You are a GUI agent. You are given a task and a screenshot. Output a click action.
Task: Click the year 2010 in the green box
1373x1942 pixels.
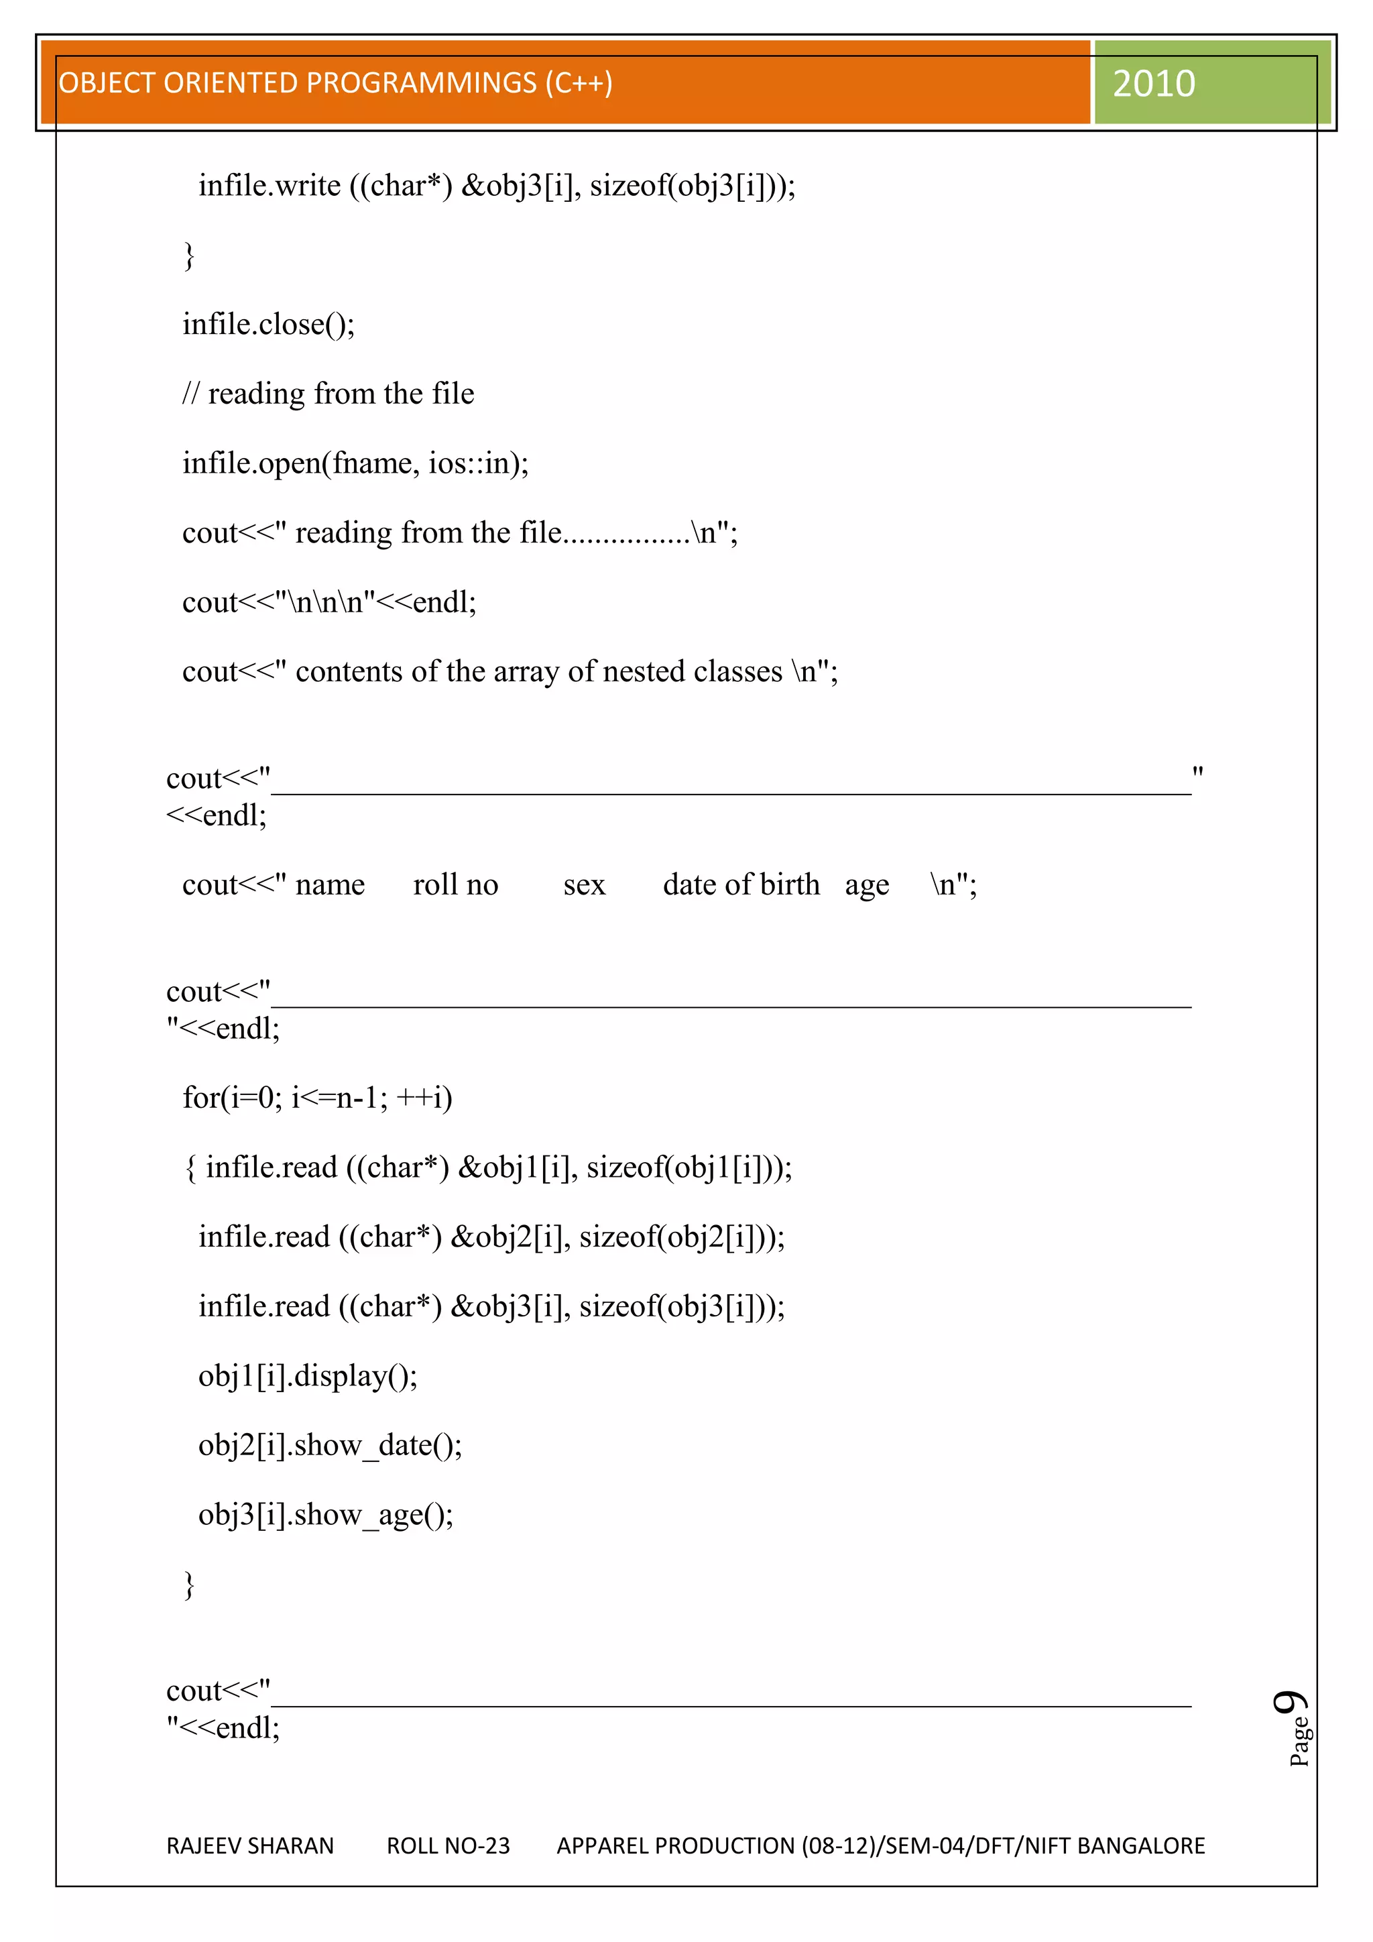click(x=1153, y=84)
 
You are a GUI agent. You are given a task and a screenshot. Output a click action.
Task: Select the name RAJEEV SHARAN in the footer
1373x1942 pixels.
click(x=250, y=1845)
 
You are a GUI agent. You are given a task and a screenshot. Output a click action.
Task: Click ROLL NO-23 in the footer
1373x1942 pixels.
click(x=448, y=1845)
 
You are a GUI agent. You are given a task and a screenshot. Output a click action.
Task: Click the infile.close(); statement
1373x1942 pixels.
click(x=268, y=324)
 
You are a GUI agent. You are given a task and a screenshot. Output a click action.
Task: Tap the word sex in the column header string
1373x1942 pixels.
click(x=584, y=884)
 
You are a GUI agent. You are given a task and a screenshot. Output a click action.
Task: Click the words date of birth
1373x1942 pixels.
click(x=741, y=884)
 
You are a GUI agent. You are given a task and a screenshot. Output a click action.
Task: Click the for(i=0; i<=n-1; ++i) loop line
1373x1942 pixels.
click(x=317, y=1098)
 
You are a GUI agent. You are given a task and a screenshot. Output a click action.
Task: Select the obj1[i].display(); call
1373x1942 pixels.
click(x=308, y=1376)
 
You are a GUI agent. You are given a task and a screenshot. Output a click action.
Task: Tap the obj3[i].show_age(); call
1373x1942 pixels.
click(x=326, y=1515)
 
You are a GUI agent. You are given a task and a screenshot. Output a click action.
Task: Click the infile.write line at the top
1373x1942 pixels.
click(x=496, y=185)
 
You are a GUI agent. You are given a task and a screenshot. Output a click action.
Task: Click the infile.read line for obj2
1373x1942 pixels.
click(x=491, y=1237)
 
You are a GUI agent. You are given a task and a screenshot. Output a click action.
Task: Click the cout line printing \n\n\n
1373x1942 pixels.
click(x=329, y=602)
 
